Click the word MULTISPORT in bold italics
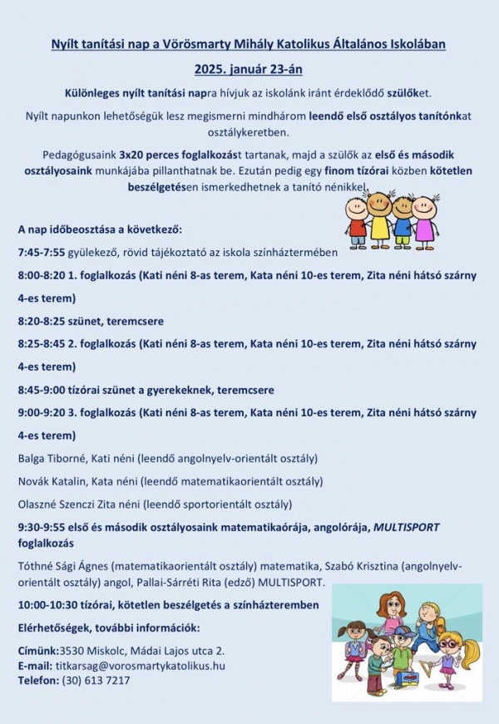coord(406,527)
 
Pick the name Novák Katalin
coord(51,480)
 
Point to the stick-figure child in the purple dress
coord(424,219)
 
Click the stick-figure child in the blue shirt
coord(403,219)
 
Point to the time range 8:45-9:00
coord(42,389)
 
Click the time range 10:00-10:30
coord(47,604)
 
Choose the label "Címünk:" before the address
coord(37,650)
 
